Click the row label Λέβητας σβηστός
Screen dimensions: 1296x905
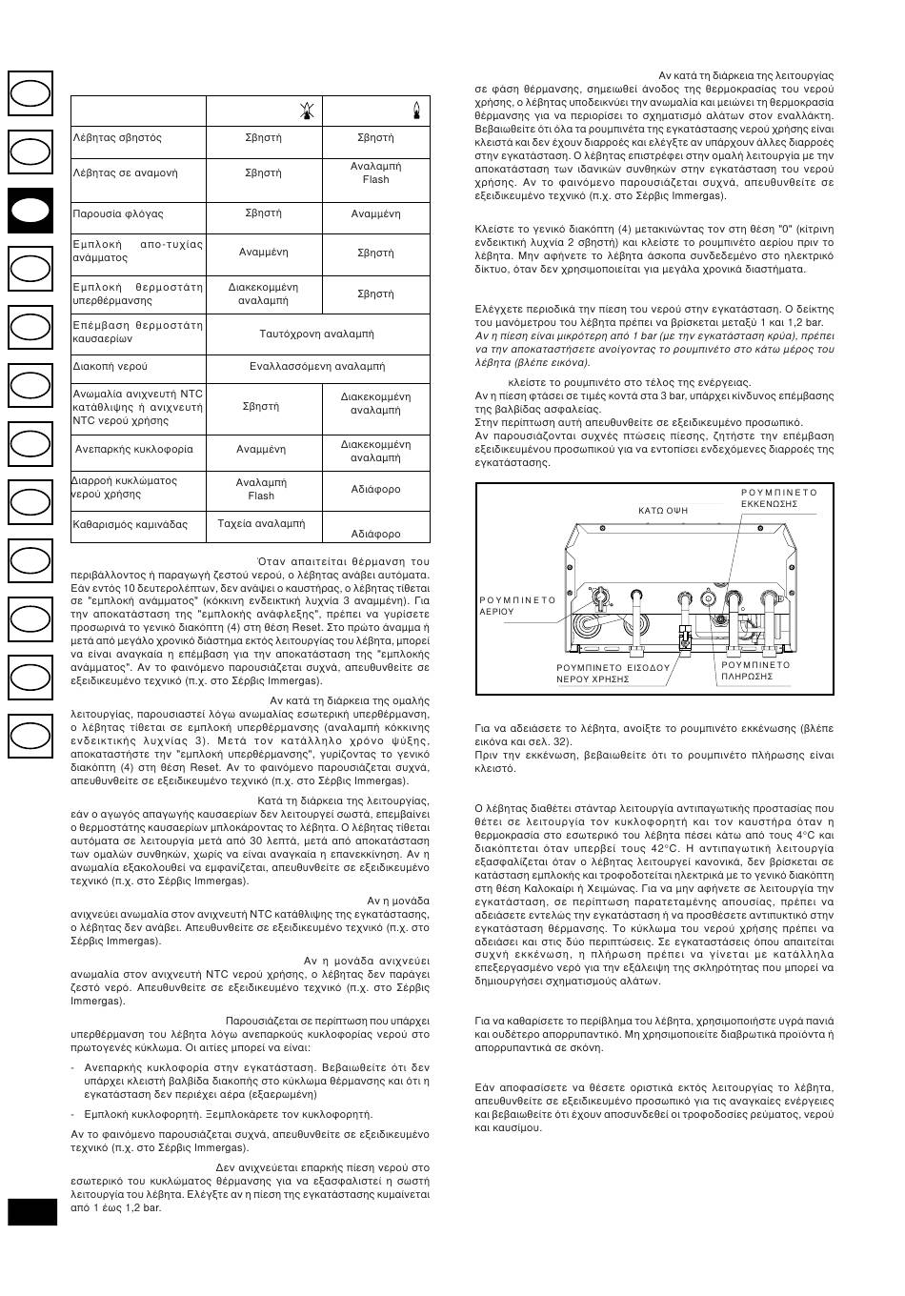117,138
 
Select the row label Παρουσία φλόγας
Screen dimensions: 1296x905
118,214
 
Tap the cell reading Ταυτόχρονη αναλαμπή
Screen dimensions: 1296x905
316,334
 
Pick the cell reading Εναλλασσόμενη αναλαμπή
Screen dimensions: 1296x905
317,366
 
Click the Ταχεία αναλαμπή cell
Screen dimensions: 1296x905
261,524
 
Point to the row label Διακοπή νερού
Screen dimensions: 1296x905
111,366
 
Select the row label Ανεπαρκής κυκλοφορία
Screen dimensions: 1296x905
134,449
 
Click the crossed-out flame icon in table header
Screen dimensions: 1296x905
305,111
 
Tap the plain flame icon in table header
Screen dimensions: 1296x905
415,111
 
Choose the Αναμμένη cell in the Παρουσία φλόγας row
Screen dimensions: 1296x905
375,214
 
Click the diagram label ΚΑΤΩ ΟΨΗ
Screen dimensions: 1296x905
663,511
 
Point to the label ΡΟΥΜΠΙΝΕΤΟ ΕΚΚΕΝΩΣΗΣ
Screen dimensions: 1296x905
778,497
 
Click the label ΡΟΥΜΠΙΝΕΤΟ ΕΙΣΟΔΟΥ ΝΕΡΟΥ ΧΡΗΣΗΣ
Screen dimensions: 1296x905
613,674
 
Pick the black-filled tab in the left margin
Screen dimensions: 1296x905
31,211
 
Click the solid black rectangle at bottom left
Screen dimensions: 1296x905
32,1211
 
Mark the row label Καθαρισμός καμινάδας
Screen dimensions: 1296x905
131,524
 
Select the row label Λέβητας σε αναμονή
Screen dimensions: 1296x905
125,173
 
